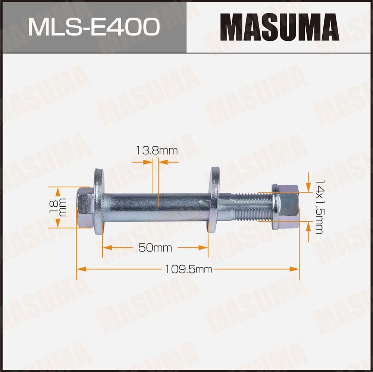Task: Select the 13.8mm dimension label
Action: [x=156, y=151]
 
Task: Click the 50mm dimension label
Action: [x=155, y=248]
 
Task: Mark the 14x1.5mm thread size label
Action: [x=319, y=206]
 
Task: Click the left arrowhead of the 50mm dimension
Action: [x=106, y=247]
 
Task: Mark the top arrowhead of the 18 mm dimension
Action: [x=58, y=190]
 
